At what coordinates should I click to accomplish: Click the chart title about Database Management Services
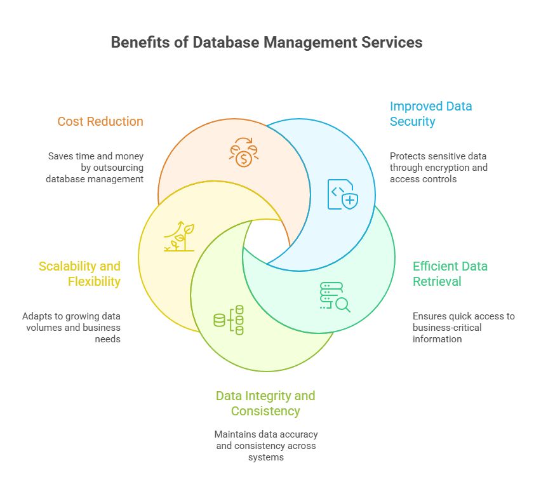coord(267,43)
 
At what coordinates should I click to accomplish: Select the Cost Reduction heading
coord(100,121)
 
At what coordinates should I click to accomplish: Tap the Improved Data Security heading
coord(431,114)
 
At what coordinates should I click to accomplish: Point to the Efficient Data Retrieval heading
coord(450,274)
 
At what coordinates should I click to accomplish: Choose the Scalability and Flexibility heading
coord(79,274)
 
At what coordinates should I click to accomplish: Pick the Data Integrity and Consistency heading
coord(265,403)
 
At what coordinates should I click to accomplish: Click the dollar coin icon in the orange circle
coord(243,152)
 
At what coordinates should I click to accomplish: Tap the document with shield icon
coord(342,194)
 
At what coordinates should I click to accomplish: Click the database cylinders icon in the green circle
coord(229,320)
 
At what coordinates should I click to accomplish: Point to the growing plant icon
coord(180,237)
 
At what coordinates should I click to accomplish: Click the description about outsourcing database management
coord(95,168)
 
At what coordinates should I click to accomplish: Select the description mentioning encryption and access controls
coord(439,168)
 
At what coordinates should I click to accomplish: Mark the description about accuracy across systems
coord(265,446)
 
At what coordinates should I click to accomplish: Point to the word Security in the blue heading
coord(413,121)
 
